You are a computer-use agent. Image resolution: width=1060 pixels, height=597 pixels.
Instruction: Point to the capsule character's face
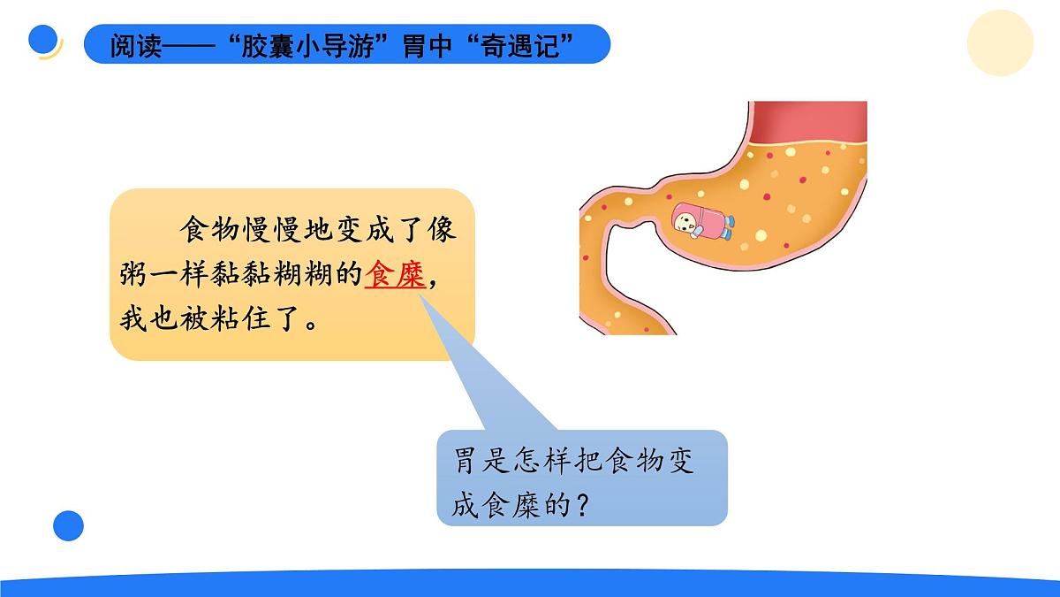[x=685, y=217]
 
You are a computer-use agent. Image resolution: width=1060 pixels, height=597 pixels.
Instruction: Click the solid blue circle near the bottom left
[x=68, y=525]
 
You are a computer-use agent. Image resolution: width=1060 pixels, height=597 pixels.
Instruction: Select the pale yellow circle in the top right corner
[x=999, y=43]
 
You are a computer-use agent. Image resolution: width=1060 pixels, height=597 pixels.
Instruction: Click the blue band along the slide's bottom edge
[x=530, y=584]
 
